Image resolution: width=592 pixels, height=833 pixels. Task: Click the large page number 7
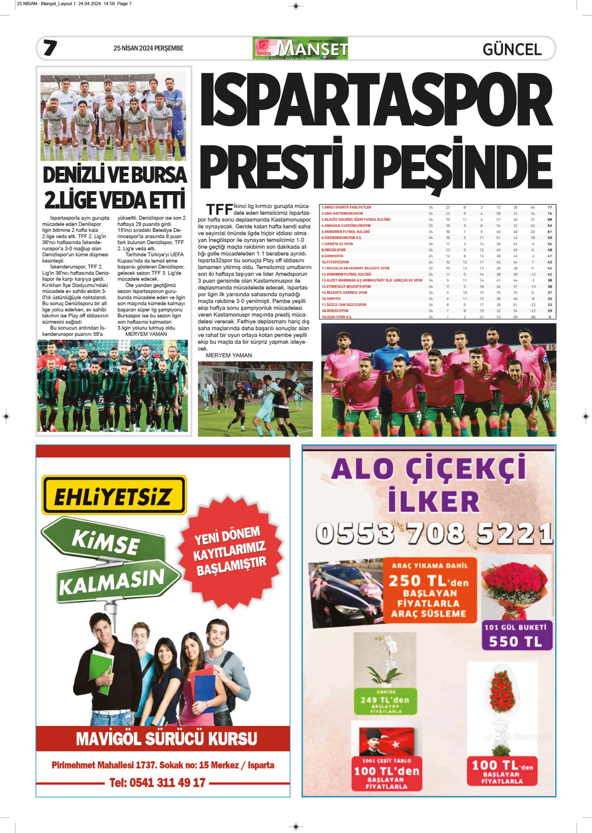[50, 48]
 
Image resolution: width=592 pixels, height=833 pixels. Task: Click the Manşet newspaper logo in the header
[300, 48]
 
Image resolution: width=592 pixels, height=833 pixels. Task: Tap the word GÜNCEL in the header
[512, 49]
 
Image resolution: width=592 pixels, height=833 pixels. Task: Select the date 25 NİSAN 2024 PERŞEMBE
[148, 48]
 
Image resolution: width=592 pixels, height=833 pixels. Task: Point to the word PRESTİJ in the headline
[285, 166]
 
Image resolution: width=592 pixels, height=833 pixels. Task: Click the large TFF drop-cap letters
[219, 210]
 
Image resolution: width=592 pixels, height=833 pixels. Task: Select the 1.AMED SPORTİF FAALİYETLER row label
[346, 207]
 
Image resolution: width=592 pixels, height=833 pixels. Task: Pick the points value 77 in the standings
[549, 207]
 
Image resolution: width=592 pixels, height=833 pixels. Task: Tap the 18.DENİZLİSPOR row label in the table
[335, 311]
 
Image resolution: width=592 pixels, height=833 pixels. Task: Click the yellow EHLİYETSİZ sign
[114, 495]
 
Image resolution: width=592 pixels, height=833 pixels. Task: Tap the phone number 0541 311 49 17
[157, 783]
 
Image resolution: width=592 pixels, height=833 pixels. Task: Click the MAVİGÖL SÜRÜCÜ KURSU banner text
[167, 739]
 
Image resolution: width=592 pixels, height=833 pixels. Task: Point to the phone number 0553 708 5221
[434, 534]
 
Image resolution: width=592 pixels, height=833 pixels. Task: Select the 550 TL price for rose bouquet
[516, 641]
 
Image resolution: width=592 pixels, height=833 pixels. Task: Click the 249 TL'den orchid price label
[385, 700]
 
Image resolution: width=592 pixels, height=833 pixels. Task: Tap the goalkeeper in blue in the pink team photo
[391, 351]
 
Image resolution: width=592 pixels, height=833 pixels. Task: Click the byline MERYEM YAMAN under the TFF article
[229, 356]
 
